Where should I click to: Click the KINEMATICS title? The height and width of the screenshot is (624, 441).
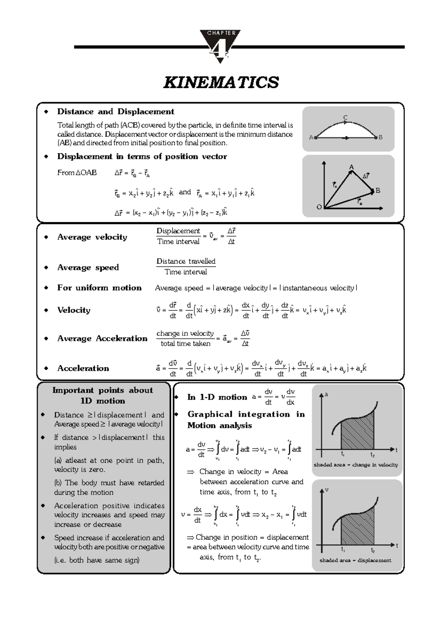[221, 82]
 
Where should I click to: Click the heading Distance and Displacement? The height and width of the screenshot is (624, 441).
[115, 111]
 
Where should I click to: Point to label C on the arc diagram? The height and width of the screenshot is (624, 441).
[345, 118]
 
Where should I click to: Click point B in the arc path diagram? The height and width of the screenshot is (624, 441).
[380, 137]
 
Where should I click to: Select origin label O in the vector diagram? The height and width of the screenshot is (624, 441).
[319, 207]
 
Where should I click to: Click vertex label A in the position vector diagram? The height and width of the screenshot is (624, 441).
[351, 167]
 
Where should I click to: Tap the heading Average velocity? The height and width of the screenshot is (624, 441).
[92, 237]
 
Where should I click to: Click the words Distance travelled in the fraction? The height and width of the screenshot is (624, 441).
[186, 261]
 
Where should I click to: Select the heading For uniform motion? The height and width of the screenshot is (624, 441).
[99, 288]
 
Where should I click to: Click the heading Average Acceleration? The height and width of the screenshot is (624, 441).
[102, 338]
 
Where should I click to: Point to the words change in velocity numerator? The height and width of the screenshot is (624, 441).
[185, 333]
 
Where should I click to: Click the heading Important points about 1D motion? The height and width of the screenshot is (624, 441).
[103, 396]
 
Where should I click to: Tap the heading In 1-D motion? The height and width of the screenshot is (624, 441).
[217, 397]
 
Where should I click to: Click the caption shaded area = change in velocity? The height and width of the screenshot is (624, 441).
[355, 465]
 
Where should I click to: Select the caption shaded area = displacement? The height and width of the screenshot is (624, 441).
[355, 560]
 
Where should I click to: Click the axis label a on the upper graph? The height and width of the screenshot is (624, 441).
[326, 394]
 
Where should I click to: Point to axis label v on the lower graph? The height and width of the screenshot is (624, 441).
[326, 490]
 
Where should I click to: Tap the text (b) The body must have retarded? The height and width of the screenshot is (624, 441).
[109, 483]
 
